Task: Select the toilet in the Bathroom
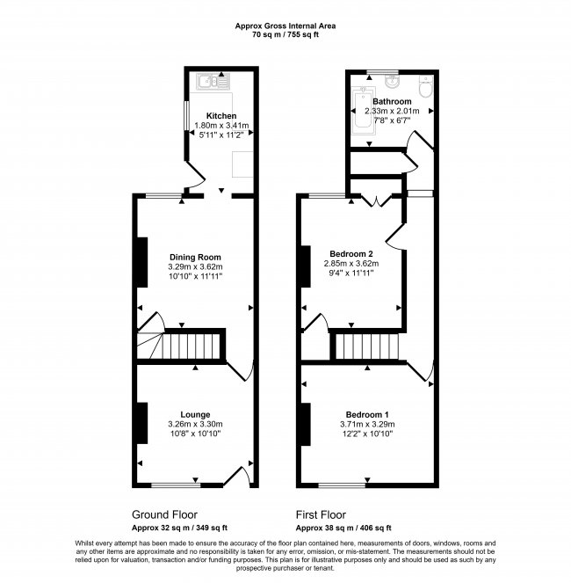click(424, 88)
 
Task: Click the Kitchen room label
click(220, 116)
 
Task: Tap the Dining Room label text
click(196, 258)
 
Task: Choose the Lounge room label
click(195, 414)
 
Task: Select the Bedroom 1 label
click(367, 414)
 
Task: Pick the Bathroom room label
click(392, 102)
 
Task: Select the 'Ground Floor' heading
click(164, 514)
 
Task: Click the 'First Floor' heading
click(321, 514)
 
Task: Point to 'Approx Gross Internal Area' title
click(285, 26)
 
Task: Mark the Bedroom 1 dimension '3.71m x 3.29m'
click(367, 424)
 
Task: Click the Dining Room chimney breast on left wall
click(141, 261)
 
